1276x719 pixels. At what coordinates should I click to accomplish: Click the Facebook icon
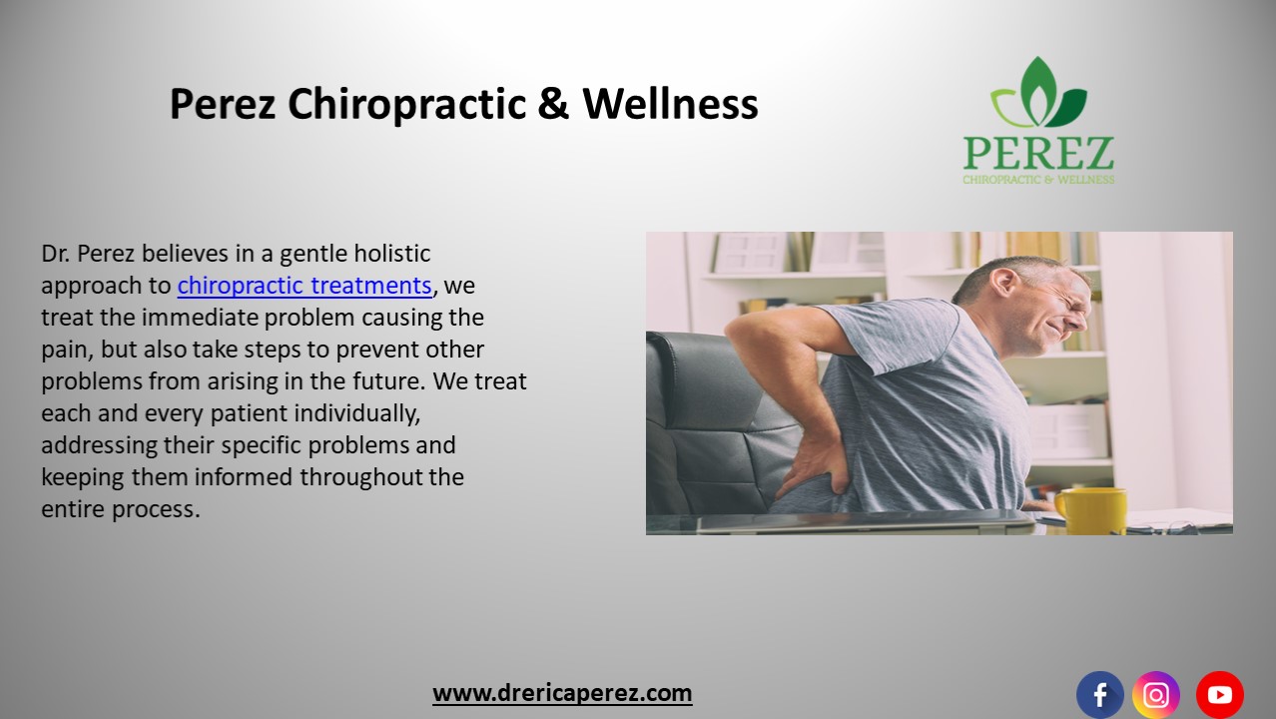[x=1099, y=695]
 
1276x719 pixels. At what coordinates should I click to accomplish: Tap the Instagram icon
[x=1156, y=695]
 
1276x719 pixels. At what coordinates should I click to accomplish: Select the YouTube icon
[x=1219, y=695]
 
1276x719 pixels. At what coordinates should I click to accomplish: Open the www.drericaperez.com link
[x=562, y=693]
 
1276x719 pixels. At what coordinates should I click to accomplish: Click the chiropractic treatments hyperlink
[x=305, y=286]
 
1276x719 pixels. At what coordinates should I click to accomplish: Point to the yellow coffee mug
[x=1090, y=509]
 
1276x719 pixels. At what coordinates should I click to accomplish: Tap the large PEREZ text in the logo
[x=1038, y=154]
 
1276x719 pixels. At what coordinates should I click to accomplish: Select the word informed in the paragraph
[x=250, y=476]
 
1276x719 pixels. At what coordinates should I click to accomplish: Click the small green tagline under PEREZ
[x=1038, y=180]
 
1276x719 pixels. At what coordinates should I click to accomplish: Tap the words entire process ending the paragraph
[x=121, y=508]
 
